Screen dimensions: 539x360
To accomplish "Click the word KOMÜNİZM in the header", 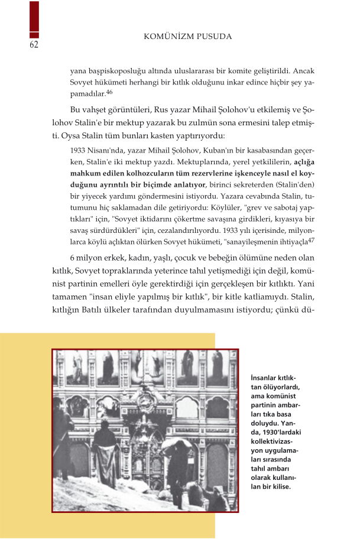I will coord(173,37).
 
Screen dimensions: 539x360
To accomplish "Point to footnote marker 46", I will coord(109,91).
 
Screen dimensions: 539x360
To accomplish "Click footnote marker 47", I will coord(311,239).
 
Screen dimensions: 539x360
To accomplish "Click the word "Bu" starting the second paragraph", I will coord(75,110).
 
